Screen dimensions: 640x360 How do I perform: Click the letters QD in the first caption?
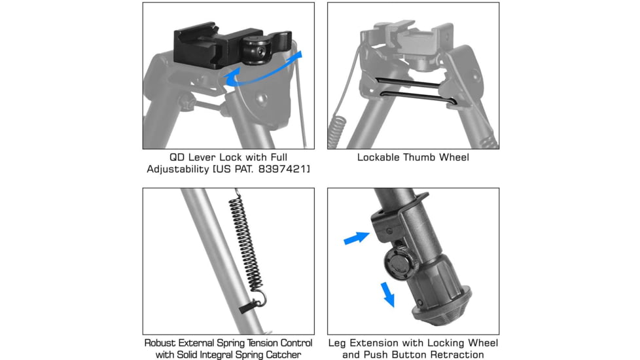[176, 157]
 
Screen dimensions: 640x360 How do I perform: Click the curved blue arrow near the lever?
[264, 70]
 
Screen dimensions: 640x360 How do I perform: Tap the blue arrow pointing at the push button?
[357, 238]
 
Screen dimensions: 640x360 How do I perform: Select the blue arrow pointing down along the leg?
[388, 295]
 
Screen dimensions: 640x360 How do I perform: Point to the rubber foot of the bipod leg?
[442, 307]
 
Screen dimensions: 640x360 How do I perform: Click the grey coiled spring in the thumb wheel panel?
[337, 132]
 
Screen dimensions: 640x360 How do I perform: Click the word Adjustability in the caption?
[178, 169]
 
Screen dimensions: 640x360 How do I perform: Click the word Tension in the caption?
[263, 343]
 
